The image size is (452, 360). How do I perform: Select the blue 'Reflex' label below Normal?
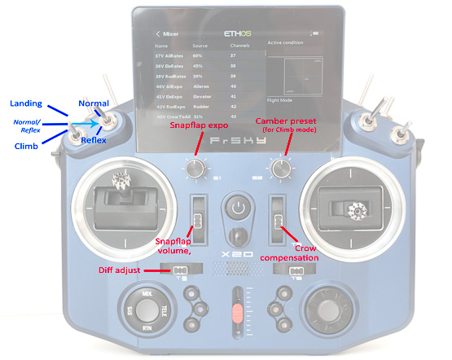[94, 140]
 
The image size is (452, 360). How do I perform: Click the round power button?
[236, 207]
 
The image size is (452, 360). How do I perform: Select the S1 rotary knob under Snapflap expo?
[194, 169]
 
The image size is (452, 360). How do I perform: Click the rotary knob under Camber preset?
[282, 169]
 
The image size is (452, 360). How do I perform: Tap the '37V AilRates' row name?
[171, 57]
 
